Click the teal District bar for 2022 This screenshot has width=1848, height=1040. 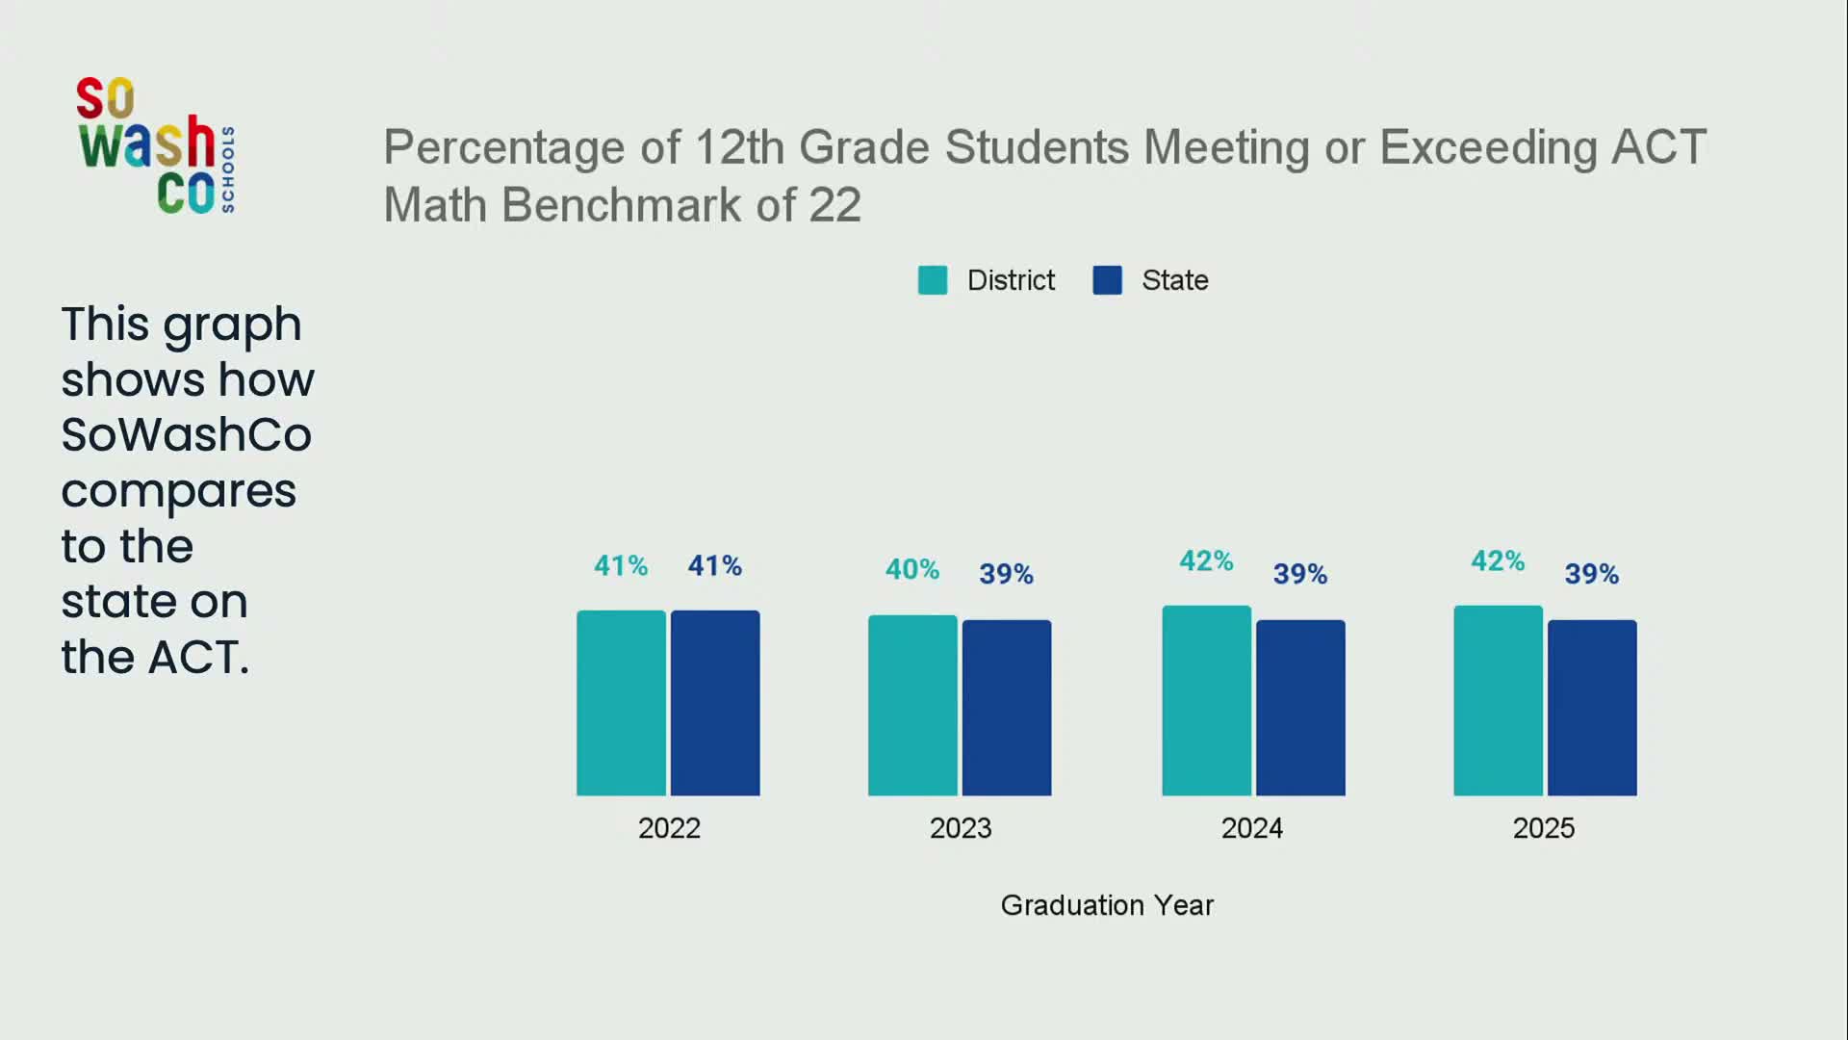click(x=621, y=703)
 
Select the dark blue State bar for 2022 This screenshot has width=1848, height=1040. click(x=715, y=703)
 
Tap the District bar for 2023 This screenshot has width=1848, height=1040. click(x=912, y=705)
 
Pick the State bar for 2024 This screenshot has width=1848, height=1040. click(x=1300, y=708)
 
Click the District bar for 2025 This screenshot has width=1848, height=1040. click(x=1498, y=701)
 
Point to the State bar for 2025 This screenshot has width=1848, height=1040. click(x=1592, y=708)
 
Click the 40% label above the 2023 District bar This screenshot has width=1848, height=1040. click(x=911, y=569)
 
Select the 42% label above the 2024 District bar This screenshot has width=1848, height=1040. click(x=1206, y=560)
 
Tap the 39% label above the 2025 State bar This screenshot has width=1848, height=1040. click(x=1591, y=574)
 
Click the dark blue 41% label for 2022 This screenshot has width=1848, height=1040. click(x=714, y=565)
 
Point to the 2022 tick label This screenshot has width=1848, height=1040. click(x=669, y=828)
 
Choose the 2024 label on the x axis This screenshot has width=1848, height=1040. click(x=1251, y=828)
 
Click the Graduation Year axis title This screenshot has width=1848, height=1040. click(x=1107, y=905)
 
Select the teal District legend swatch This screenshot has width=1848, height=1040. click(x=933, y=280)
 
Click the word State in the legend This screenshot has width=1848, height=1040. click(x=1174, y=280)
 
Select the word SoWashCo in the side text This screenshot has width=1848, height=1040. click(x=186, y=434)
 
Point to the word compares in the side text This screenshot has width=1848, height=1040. click(x=178, y=491)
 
